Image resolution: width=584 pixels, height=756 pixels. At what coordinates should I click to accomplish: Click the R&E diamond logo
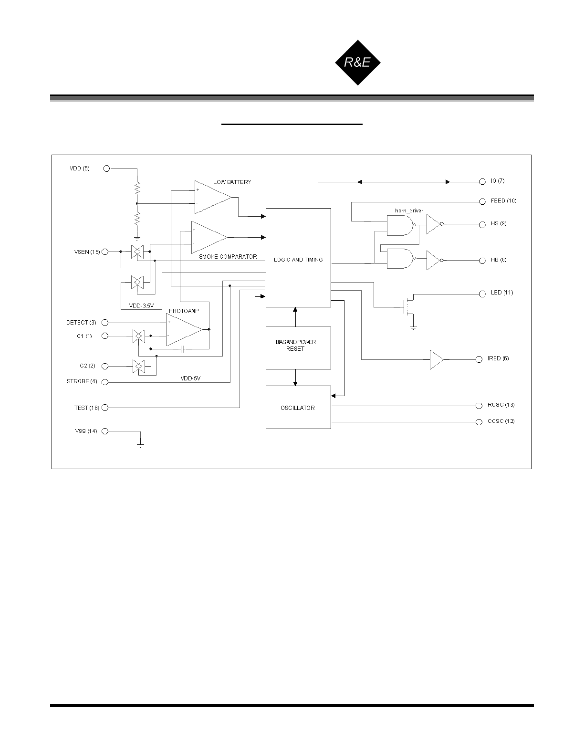pos(358,62)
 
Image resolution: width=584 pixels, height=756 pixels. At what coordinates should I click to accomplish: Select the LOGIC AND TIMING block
pos(298,258)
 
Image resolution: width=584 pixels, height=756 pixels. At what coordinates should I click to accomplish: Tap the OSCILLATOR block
pos(298,408)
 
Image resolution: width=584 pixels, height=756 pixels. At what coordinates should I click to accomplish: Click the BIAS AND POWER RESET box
pos(298,347)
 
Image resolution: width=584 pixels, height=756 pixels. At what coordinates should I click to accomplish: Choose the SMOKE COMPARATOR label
pos(228,257)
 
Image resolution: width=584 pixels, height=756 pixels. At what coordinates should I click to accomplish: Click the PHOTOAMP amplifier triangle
pos(183,329)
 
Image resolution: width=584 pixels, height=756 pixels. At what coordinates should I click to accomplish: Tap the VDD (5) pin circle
pos(107,168)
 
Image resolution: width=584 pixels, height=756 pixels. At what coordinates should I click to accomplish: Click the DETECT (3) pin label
pos(81,323)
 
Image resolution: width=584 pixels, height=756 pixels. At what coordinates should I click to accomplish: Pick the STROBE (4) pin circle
pos(105,382)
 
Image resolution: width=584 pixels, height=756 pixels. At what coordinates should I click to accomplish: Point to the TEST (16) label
pos(86,408)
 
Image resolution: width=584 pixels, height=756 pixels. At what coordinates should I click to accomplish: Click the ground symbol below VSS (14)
pos(141,445)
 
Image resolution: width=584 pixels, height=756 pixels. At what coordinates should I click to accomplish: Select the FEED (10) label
pos(503,201)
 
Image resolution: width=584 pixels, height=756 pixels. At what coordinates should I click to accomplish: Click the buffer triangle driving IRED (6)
pos(436,360)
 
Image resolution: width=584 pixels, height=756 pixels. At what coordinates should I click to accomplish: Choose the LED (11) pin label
pos(502,293)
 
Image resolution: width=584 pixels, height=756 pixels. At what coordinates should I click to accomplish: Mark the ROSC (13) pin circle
pos(480,406)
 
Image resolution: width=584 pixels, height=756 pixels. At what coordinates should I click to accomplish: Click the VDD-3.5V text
pos(141,306)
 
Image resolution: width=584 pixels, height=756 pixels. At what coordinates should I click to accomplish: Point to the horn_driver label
pos(409,210)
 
